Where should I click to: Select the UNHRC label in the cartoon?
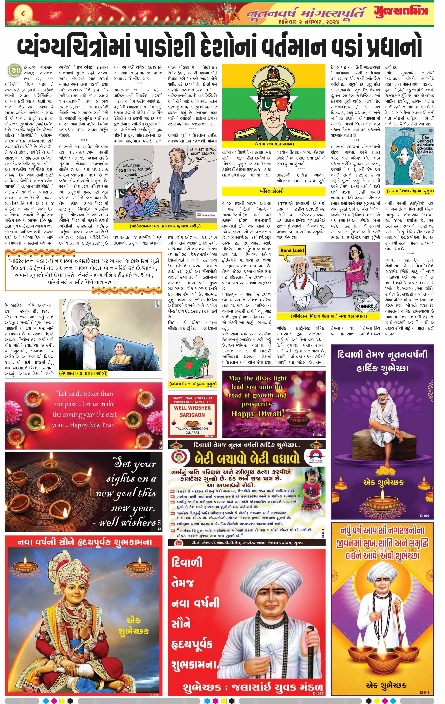366,306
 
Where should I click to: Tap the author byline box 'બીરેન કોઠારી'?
273,191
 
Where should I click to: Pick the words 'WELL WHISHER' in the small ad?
192,407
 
